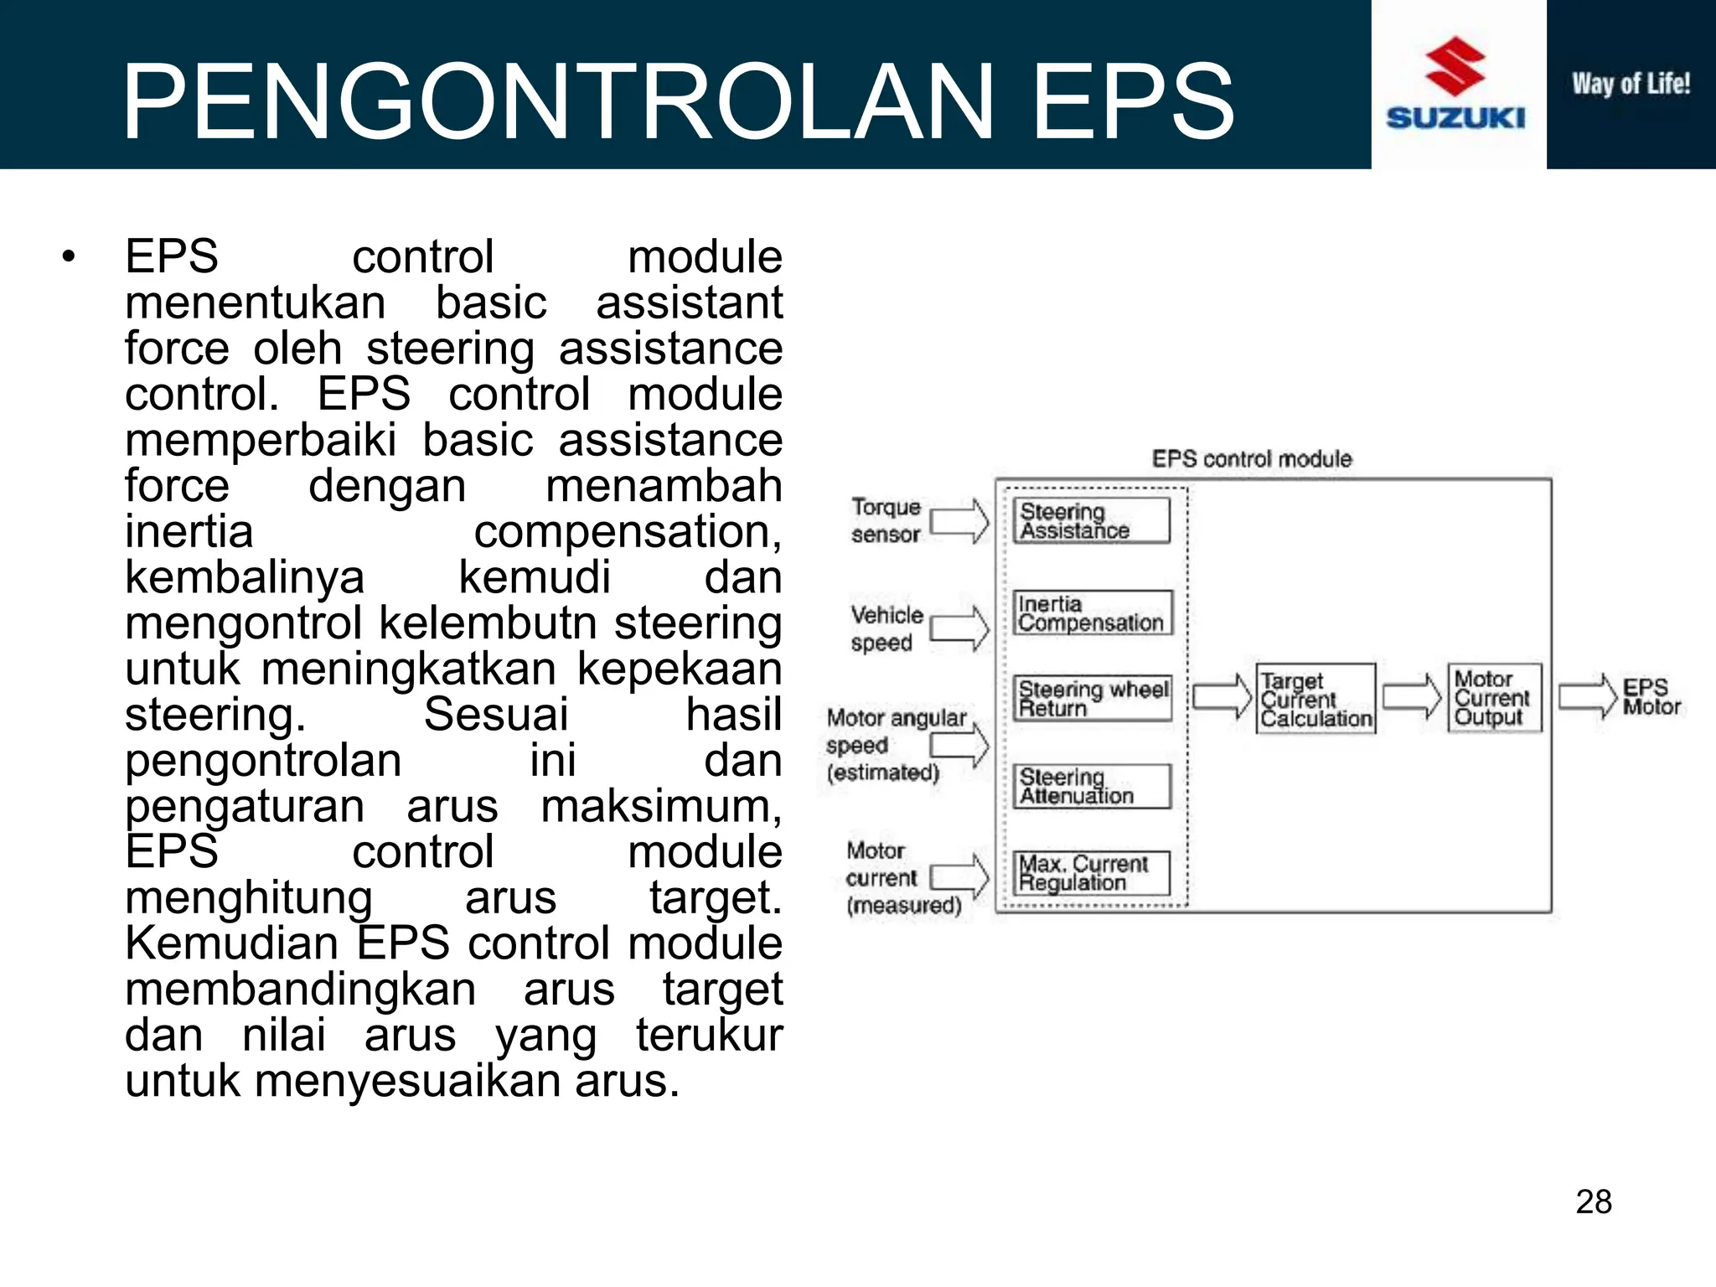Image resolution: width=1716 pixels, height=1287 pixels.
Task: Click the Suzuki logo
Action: point(1455,84)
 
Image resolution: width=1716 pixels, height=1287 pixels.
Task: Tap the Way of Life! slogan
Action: point(1631,84)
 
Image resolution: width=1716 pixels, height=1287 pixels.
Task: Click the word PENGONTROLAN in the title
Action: point(558,101)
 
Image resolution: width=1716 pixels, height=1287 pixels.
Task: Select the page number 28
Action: point(1593,1202)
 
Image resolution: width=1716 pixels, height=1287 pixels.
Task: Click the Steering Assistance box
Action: point(1090,520)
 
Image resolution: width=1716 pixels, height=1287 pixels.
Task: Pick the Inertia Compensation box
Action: point(1091,613)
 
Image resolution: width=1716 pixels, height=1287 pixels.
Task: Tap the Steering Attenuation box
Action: point(1090,786)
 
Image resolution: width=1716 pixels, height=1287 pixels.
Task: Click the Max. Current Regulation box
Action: point(1090,873)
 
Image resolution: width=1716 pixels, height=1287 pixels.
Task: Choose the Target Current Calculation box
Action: point(1315,699)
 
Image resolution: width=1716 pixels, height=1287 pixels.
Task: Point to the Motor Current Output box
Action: point(1494,698)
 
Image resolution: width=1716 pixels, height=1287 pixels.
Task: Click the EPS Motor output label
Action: point(1650,697)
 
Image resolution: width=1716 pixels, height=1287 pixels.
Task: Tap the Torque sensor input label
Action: point(886,520)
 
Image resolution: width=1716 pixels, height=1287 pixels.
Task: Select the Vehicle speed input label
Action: point(886,628)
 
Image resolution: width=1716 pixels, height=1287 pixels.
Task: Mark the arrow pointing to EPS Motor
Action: point(1587,696)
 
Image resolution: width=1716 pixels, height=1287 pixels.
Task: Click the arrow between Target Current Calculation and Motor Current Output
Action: point(1412,696)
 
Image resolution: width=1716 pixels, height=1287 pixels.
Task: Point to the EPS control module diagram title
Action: point(1251,459)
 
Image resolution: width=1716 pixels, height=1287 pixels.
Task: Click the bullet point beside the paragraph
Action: point(69,256)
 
